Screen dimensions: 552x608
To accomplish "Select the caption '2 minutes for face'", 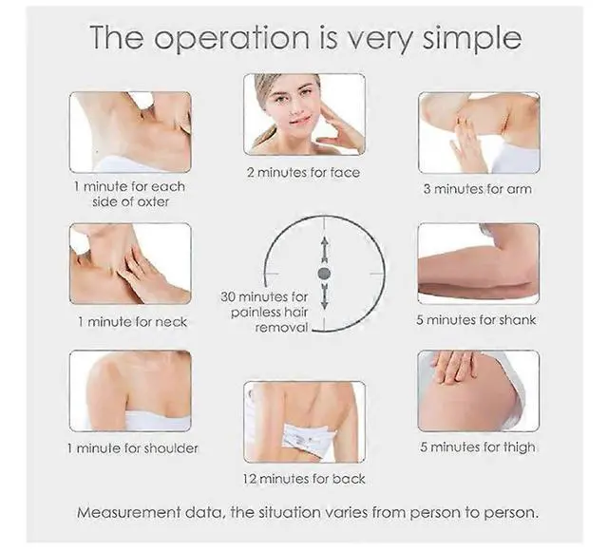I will point(304,172).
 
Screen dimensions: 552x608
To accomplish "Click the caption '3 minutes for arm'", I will point(477,189).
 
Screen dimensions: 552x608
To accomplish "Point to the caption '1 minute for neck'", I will point(131,322).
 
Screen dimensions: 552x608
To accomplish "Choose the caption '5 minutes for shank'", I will point(476,320).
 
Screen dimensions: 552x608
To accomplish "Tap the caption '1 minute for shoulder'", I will point(131,447).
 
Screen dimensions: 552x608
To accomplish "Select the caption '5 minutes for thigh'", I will point(476,447).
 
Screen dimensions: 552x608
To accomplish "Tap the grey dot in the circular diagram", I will point(324,274).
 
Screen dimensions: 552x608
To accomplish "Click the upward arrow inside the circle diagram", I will point(324,250).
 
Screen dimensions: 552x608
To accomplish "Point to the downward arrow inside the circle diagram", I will point(324,297).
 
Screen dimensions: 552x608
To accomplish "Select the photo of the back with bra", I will point(304,421).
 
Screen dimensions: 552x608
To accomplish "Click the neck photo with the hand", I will point(130,263).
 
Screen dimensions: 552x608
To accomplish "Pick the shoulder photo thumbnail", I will point(130,390).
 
